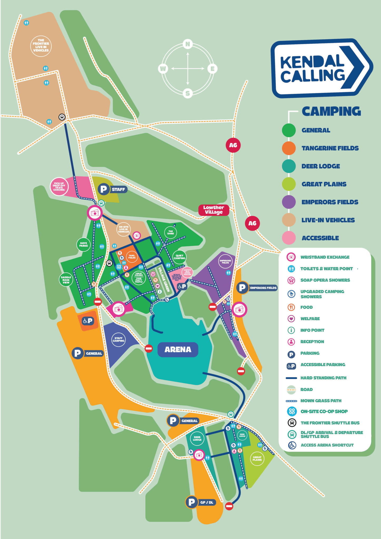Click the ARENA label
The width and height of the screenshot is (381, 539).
click(178, 350)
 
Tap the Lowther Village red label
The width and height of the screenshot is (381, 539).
click(214, 210)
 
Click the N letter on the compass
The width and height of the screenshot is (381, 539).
click(188, 44)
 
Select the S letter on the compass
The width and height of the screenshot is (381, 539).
click(188, 93)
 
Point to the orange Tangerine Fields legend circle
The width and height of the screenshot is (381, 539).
click(289, 148)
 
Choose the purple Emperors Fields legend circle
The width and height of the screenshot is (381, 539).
click(289, 202)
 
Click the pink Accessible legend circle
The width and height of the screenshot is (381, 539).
click(289, 238)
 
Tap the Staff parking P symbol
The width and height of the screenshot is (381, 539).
click(104, 189)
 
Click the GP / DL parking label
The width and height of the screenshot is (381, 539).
click(207, 502)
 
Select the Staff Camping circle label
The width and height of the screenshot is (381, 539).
click(119, 339)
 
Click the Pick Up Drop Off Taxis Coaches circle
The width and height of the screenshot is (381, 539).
click(59, 187)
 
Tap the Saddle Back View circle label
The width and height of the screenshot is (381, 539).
click(66, 280)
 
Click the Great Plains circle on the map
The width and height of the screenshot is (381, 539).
click(257, 459)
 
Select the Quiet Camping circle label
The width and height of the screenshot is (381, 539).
click(179, 257)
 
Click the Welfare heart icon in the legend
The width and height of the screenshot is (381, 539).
click(291, 319)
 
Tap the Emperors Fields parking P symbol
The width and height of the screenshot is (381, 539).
click(242, 288)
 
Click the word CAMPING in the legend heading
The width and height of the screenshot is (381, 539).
click(331, 111)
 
